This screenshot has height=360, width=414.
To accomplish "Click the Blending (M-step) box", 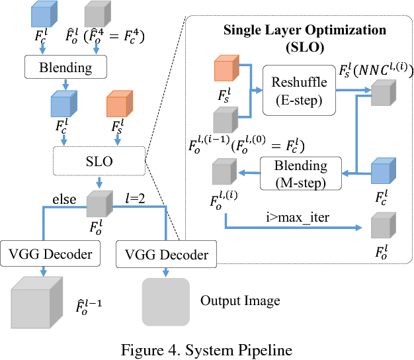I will click(300, 171).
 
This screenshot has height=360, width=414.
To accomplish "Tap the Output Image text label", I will click(239, 300).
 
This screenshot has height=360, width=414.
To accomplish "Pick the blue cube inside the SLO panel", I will click(382, 171).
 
